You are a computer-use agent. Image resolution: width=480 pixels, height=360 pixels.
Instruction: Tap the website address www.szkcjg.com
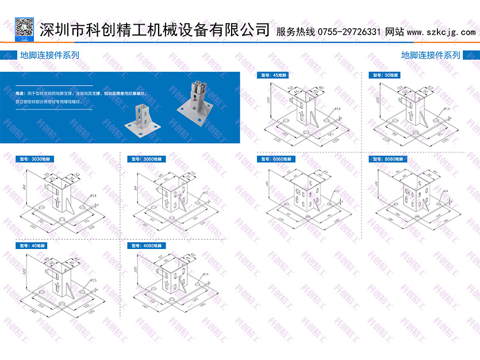(441, 32)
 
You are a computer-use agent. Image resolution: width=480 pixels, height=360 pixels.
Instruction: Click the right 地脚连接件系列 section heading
(431, 56)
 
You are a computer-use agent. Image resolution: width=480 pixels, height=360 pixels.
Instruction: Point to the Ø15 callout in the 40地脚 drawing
(94, 281)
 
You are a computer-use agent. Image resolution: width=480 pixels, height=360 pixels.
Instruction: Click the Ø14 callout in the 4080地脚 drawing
(205, 275)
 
